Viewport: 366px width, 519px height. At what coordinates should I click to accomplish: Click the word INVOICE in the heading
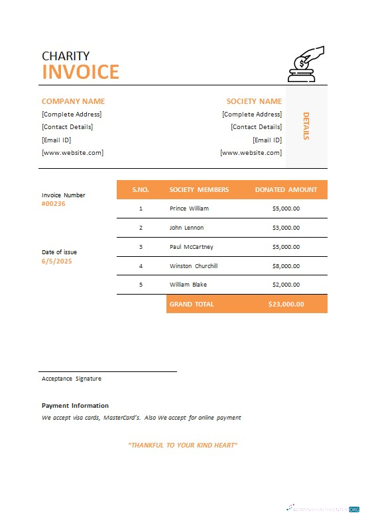tap(80, 71)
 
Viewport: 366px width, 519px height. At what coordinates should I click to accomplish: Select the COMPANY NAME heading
tap(73, 101)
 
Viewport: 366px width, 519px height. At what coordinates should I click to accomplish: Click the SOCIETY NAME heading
tap(254, 101)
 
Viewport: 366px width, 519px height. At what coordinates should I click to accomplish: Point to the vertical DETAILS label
tap(306, 126)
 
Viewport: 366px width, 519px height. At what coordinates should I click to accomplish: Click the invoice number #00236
tap(54, 204)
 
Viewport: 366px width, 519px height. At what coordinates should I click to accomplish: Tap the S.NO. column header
tap(141, 189)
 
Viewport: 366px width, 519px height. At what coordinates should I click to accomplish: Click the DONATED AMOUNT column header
tap(286, 189)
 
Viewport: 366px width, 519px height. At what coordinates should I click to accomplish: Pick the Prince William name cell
tap(189, 209)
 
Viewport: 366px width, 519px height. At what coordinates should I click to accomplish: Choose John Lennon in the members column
tap(186, 228)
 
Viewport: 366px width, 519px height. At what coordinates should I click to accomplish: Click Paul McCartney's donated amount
tap(286, 247)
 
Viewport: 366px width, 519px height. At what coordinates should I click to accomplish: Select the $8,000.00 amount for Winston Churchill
tap(286, 266)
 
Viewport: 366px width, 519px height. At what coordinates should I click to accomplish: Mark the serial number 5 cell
tap(141, 285)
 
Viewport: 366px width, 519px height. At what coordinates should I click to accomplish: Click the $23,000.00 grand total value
tap(286, 304)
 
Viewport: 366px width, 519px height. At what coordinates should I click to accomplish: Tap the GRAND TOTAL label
tap(192, 304)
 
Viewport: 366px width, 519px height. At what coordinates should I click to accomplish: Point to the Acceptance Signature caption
tap(72, 379)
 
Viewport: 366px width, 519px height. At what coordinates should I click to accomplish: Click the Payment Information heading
tap(75, 405)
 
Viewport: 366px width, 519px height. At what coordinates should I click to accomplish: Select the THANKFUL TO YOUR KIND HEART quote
tap(182, 445)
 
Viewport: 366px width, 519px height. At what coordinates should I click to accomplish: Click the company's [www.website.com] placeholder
tap(72, 152)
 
